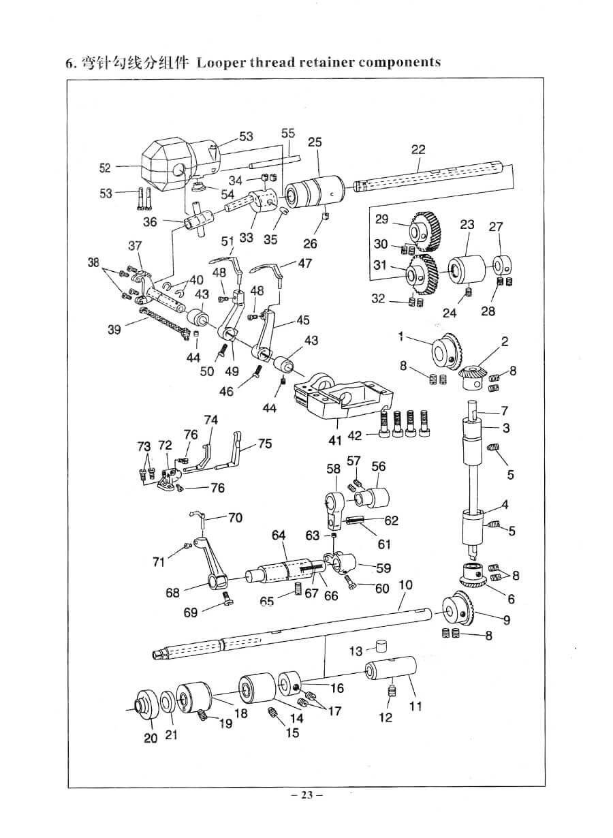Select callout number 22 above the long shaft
[x=418, y=150]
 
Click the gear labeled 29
[x=425, y=232]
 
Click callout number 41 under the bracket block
[x=335, y=440]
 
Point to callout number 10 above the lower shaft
[x=406, y=585]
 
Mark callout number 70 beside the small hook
[x=235, y=518]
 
